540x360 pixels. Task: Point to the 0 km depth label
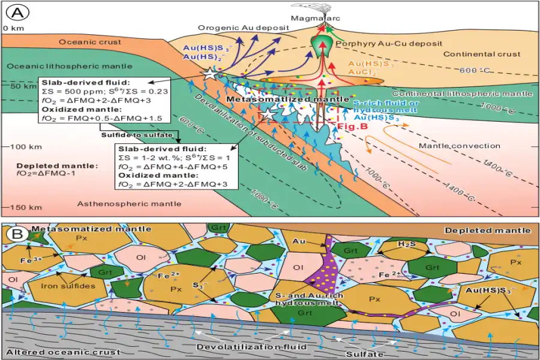point(14,28)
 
